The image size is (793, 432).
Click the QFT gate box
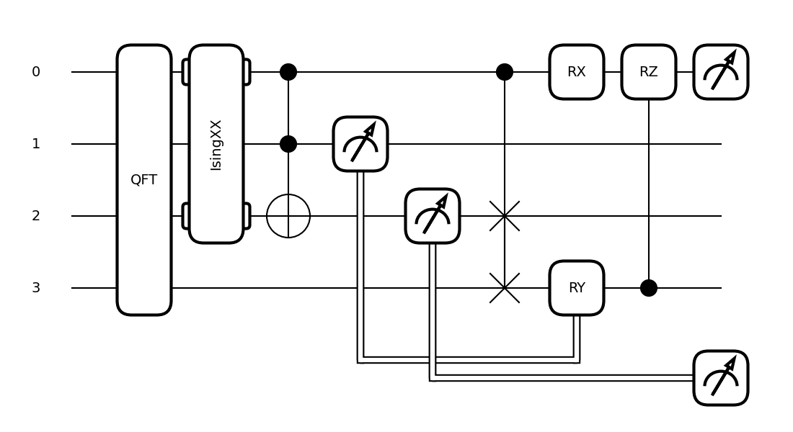[x=144, y=180]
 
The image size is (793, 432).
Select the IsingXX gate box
[x=216, y=144]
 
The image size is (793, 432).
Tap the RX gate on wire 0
[x=577, y=72]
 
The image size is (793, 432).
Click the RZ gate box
[x=649, y=72]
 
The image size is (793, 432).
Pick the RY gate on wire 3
[x=577, y=288]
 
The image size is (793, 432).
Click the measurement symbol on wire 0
[x=721, y=72]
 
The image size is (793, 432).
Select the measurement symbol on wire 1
[x=360, y=144]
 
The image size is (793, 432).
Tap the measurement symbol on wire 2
[x=433, y=216]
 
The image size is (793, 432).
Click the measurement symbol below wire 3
[x=721, y=378]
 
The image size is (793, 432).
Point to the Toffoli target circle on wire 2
[x=288, y=216]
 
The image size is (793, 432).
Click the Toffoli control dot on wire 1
[x=288, y=144]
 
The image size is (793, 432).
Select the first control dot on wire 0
[x=288, y=72]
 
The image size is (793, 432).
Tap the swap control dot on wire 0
[x=505, y=72]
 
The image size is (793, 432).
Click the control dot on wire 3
[x=649, y=288]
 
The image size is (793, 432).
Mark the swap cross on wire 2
[x=505, y=216]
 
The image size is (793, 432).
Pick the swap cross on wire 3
[x=505, y=288]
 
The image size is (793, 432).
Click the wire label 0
[x=36, y=72]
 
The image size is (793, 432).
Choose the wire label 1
[x=36, y=144]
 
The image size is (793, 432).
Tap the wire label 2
[x=36, y=216]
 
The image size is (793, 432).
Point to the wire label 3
[x=36, y=288]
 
